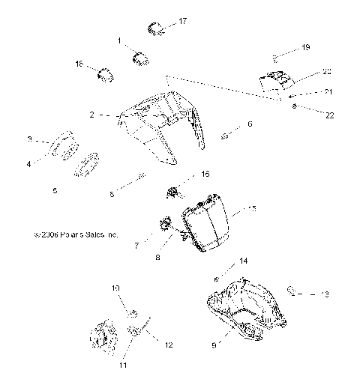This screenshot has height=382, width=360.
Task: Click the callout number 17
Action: click(183, 21)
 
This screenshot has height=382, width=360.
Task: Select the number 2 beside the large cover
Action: click(91, 115)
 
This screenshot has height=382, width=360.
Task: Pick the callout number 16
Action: click(205, 174)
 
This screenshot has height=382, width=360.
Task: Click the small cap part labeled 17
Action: click(154, 28)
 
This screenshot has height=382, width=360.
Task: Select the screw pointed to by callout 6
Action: click(225, 136)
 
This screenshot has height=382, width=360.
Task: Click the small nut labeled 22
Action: click(294, 107)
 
